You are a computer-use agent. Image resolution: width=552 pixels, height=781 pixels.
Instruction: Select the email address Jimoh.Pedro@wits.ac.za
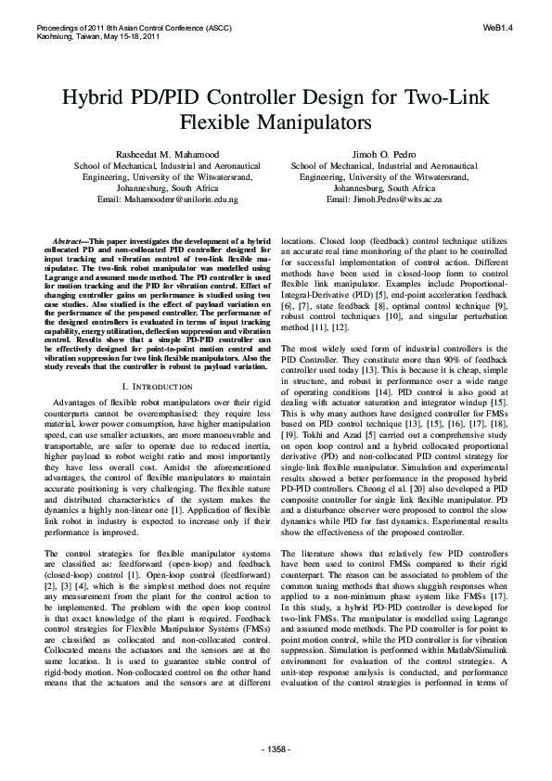coord(384,199)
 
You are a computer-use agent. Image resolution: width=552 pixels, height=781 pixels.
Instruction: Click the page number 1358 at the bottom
coord(276,748)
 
